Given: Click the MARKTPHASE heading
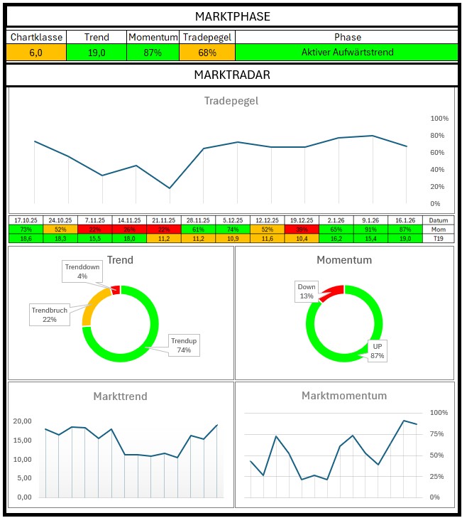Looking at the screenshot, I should point(231,16).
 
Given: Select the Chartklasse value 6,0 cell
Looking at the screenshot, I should point(36,53).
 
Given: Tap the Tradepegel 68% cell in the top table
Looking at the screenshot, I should point(207,53).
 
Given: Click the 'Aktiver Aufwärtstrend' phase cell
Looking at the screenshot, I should point(347,53).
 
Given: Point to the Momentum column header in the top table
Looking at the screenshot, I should point(153,37).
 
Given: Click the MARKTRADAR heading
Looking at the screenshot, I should point(231,75).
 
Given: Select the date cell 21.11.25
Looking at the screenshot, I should point(164,220).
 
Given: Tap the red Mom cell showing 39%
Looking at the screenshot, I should point(302,230).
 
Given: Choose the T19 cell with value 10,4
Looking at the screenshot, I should point(302,239).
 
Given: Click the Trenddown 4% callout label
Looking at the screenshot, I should point(82,271).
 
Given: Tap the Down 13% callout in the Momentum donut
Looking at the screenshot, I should point(307,291).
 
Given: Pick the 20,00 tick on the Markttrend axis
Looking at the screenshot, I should point(23,421).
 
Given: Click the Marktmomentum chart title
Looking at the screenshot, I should point(344,396).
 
